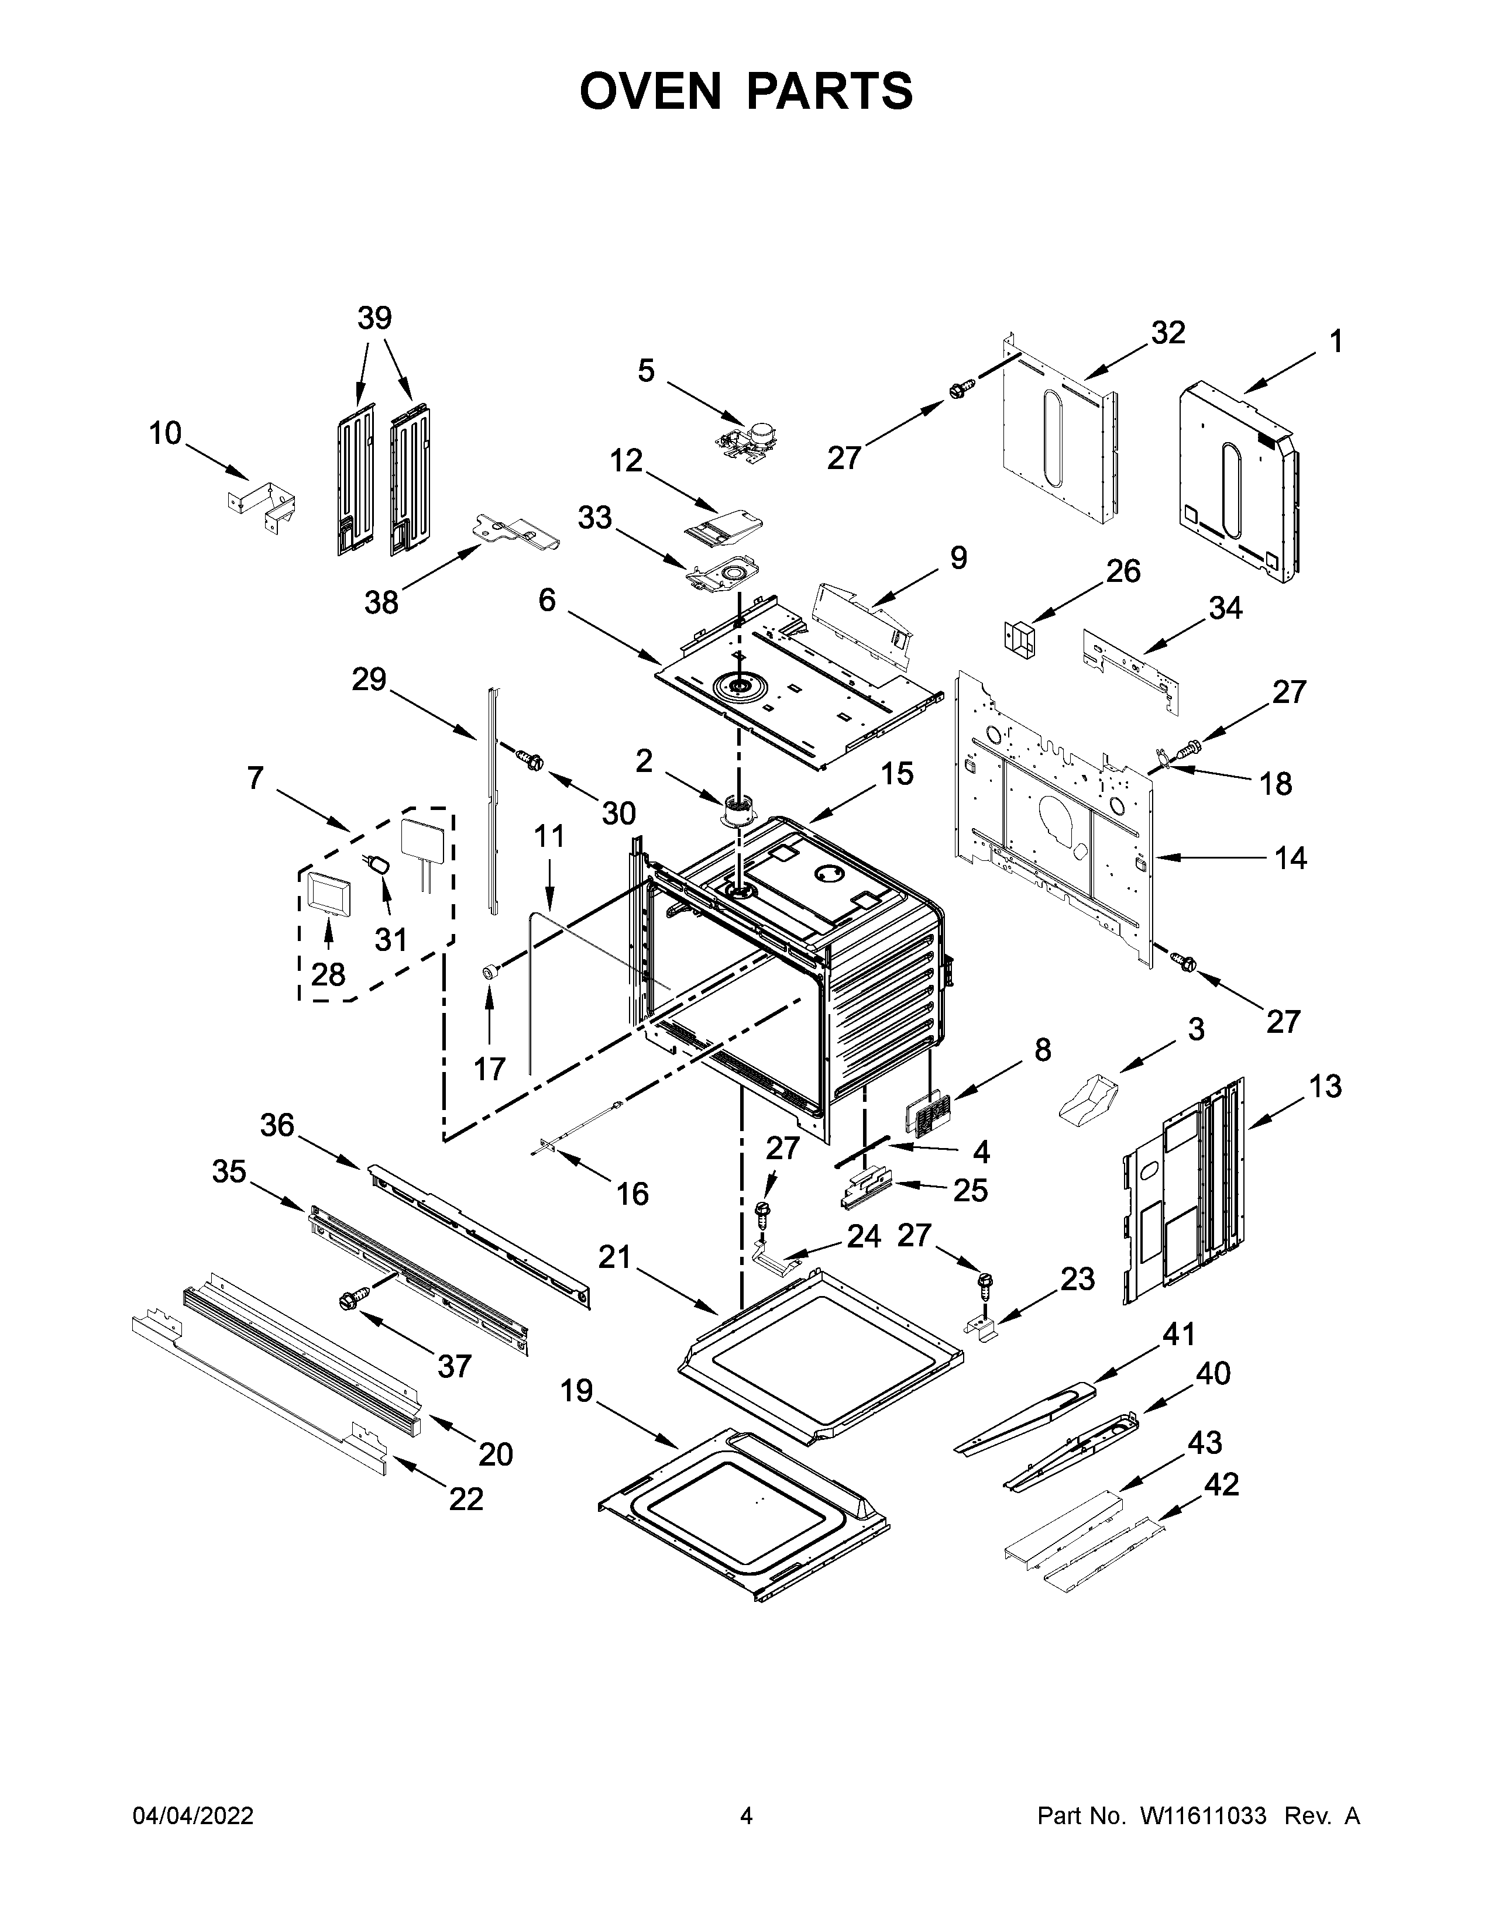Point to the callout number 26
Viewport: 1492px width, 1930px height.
click(x=1123, y=572)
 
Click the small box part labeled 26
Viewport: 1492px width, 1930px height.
click(x=1020, y=637)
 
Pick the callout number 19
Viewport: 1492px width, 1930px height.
click(x=576, y=1392)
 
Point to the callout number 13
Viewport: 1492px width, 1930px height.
click(x=1324, y=1086)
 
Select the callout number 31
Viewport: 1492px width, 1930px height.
click(x=391, y=939)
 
